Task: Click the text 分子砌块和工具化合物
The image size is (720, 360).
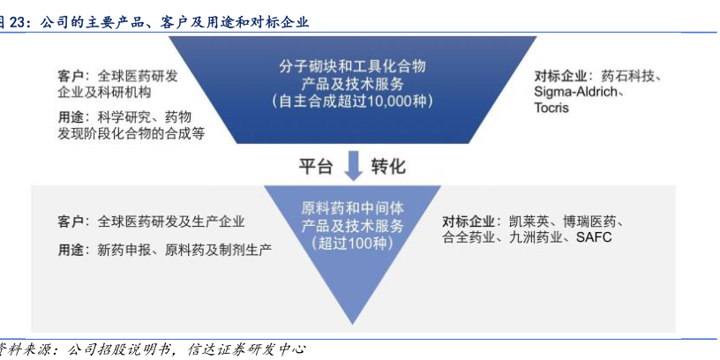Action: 353,66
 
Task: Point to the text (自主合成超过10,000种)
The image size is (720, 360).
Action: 353,101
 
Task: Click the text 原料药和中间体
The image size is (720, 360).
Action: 353,208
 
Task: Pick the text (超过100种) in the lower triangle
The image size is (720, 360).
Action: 353,244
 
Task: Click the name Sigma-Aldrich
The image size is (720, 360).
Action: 579,92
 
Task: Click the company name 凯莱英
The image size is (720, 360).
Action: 529,221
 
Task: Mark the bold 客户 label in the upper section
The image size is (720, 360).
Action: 71,76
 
